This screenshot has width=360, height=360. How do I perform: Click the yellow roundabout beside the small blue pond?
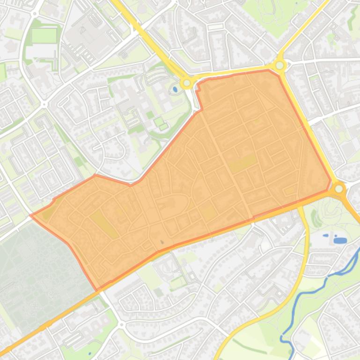pos(187,83)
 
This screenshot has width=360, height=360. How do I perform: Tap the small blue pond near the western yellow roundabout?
pos(175,88)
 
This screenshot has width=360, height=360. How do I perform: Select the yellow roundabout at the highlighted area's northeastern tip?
pos(280,65)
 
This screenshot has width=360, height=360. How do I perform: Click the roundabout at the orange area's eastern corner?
pos(339,189)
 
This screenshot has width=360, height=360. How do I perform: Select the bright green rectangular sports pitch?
pos(44,36)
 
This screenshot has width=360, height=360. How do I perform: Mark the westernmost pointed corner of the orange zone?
pos(31,216)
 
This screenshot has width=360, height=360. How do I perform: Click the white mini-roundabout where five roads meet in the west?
pos(44,104)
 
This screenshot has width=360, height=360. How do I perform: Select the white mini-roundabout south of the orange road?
pos(121,324)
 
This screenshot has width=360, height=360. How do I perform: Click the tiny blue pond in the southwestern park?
pos(89,353)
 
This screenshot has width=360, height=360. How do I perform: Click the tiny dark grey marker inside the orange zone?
pos(162,242)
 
